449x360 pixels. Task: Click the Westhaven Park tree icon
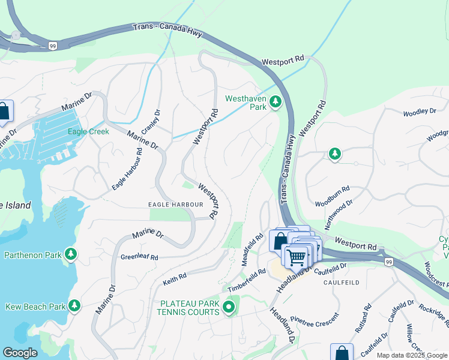276,103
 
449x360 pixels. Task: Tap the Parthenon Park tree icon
71,254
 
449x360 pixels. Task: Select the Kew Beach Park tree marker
74,306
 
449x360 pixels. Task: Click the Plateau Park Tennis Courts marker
228,308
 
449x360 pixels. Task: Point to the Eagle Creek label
88,131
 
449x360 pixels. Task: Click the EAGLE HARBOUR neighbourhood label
175,205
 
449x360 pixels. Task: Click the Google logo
20,353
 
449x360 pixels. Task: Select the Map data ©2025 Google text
411,355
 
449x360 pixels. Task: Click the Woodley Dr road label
420,112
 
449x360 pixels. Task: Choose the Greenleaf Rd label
139,257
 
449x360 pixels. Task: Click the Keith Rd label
175,279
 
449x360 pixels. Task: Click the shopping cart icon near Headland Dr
296,257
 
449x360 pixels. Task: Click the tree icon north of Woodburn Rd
335,154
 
